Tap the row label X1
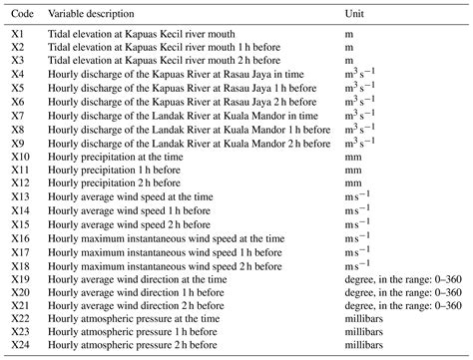(17, 33)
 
